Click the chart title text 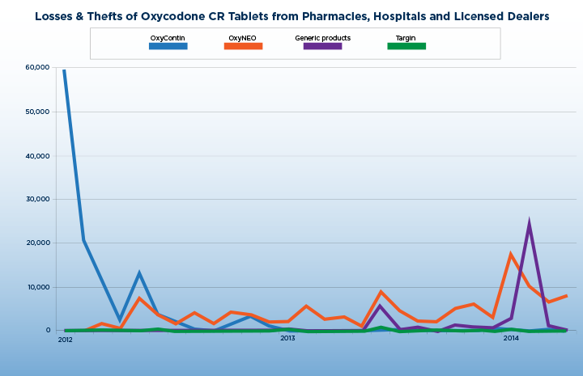point(291,16)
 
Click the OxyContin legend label point(168,38)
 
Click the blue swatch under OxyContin point(168,46)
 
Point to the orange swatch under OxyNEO point(243,46)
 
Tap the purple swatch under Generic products point(322,46)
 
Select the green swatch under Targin point(406,46)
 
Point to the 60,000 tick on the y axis point(38,67)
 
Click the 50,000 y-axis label point(38,112)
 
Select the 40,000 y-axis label point(38,155)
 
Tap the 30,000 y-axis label point(38,199)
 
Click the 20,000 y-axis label point(38,243)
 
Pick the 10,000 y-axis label point(38,287)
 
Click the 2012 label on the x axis point(65,339)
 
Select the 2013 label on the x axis point(287,339)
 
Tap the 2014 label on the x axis point(511,339)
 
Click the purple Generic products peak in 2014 point(529,223)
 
